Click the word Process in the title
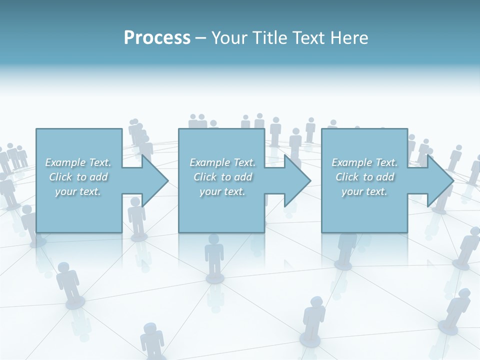pos(157,38)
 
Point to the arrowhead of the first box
pos(155,180)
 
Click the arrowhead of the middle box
pos(297,180)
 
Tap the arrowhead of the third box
pos(440,180)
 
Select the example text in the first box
pos(78,177)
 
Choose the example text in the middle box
pos(222,177)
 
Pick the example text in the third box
pos(364,177)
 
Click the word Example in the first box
pos(65,162)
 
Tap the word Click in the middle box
pos(204,177)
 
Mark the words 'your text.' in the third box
pos(364,191)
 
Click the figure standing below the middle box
pos(214,255)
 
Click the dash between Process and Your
pos(200,38)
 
